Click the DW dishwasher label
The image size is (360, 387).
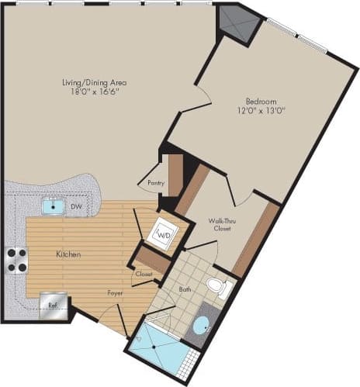76,207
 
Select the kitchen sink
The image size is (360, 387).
53,207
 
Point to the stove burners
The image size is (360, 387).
16,259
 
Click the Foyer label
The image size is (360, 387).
116,292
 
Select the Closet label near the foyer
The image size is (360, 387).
144,274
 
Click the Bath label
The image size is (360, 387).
185,290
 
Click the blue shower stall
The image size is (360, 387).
159,351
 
